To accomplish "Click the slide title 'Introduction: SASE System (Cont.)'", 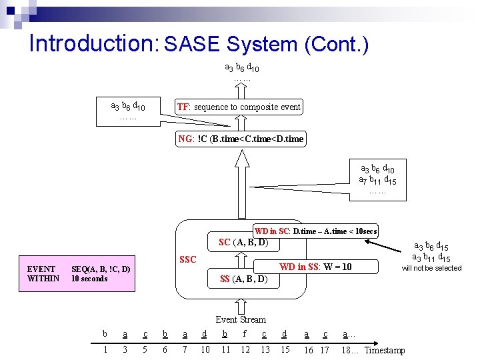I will pos(199,44).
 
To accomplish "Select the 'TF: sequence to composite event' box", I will pos(238,107).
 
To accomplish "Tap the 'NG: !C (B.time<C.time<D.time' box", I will pos(241,139).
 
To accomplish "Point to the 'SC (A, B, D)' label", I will pos(243,242).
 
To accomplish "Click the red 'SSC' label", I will pos(188,259).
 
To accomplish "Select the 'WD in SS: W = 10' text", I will pos(315,267).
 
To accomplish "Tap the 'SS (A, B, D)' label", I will pos(243,279).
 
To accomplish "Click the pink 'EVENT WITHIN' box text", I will pos(43,274).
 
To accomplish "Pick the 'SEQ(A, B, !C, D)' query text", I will pos(101,269).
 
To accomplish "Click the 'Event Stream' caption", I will pos(241,319).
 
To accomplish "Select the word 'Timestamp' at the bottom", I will pos(385,351).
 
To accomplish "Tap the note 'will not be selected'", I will pos(431,269).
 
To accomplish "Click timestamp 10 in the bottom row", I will pos(205,350).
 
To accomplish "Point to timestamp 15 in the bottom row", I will pos(285,350).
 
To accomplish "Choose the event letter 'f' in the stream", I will pos(245,333).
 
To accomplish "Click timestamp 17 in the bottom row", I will pos(325,351).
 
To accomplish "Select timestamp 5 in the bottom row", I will pos(145,350).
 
